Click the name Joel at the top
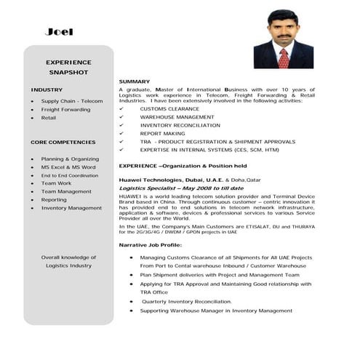click(59, 32)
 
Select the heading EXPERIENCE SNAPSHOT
click(68, 68)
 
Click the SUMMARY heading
click(135, 81)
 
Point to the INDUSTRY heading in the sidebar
click(47, 89)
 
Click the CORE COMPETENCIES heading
click(63, 142)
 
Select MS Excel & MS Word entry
click(68, 167)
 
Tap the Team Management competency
click(66, 191)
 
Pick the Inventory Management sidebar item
click(71, 208)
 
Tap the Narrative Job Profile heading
click(150, 246)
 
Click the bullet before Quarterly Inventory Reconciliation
click(131, 301)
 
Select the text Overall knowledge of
click(68, 257)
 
